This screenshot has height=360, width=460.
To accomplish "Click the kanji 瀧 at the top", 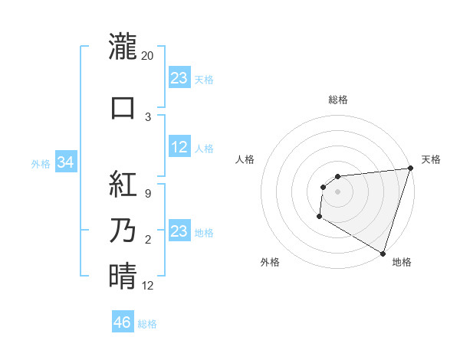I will (x=123, y=46).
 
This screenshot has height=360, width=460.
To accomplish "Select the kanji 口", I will (x=123, y=107).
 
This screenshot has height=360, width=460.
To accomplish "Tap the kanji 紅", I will (x=123, y=184).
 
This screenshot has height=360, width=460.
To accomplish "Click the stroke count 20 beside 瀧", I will (x=148, y=56).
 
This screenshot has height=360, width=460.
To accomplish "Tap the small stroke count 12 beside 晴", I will (x=148, y=286).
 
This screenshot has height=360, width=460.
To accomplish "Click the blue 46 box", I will (x=123, y=322).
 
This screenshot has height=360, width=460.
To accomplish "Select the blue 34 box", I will (x=66, y=162).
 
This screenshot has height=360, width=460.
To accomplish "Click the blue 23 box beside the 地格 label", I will (x=179, y=231).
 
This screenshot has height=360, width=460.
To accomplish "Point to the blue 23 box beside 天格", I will (x=179, y=77).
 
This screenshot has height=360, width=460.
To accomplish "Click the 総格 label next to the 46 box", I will (x=147, y=324).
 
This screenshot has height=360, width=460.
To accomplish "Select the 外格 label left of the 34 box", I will (x=40, y=163).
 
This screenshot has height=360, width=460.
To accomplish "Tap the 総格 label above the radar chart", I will (x=337, y=100).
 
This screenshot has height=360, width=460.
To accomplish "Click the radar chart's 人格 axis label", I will (x=245, y=159).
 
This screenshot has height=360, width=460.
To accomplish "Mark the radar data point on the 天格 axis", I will (x=410, y=169).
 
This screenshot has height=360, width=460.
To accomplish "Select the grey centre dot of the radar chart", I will (x=337, y=191).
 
